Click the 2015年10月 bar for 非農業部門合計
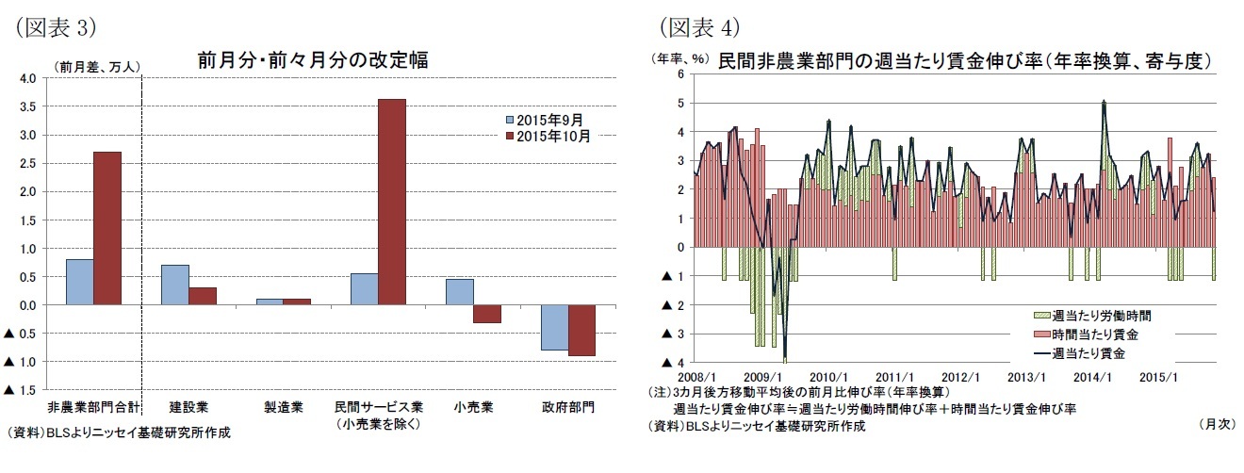pos(108,228)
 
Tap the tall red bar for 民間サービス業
pos(392,202)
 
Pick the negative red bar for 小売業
pos(486,314)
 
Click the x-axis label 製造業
pos(283,408)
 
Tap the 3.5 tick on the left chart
pos(28,107)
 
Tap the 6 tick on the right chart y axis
pos(681,74)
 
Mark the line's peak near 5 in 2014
pos(1104,101)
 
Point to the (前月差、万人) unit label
pos(97,67)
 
